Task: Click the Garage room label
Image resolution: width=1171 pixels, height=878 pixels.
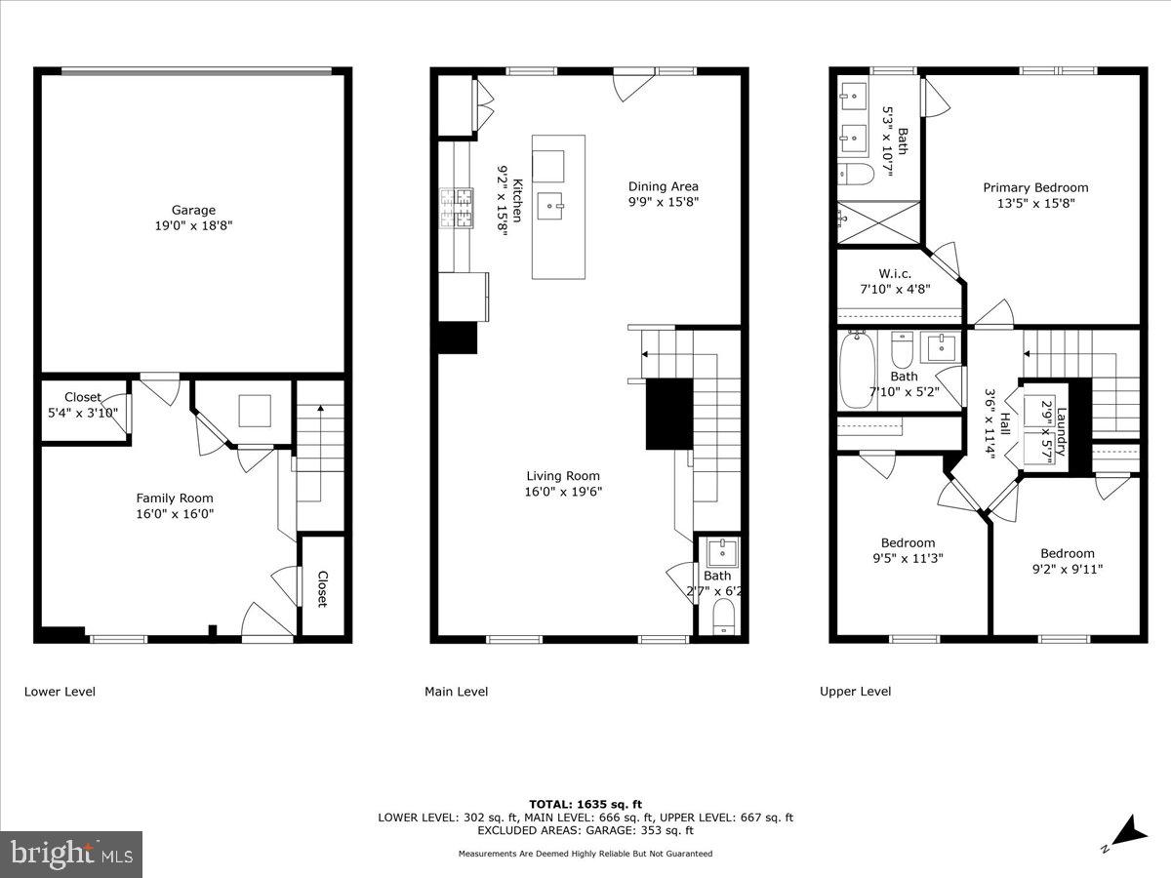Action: (x=193, y=210)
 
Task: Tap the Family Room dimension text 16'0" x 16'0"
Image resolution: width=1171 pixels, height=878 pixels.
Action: (x=175, y=513)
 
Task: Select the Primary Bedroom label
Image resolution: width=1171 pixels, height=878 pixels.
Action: (x=1035, y=187)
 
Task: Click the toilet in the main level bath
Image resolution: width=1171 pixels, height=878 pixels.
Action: (x=723, y=617)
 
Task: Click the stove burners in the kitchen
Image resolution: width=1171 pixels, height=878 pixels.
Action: (x=456, y=208)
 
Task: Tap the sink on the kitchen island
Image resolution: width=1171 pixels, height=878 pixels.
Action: (x=558, y=204)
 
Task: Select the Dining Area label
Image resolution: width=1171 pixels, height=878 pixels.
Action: (x=663, y=186)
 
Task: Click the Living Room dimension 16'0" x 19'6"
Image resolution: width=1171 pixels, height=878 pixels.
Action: (x=563, y=492)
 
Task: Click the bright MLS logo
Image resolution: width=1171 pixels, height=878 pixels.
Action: (x=71, y=855)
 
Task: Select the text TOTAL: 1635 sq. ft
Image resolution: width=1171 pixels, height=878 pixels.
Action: (x=585, y=804)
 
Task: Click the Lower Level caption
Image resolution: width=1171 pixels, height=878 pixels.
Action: (x=60, y=692)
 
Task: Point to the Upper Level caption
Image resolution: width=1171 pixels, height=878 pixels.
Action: (x=855, y=692)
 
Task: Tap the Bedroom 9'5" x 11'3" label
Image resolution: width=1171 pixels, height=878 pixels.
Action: (x=908, y=543)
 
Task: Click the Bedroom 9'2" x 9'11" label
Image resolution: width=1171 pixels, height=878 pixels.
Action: (x=1067, y=553)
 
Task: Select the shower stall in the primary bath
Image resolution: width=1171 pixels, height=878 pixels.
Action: (x=878, y=221)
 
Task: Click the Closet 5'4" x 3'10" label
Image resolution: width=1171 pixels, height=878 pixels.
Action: (x=83, y=397)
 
